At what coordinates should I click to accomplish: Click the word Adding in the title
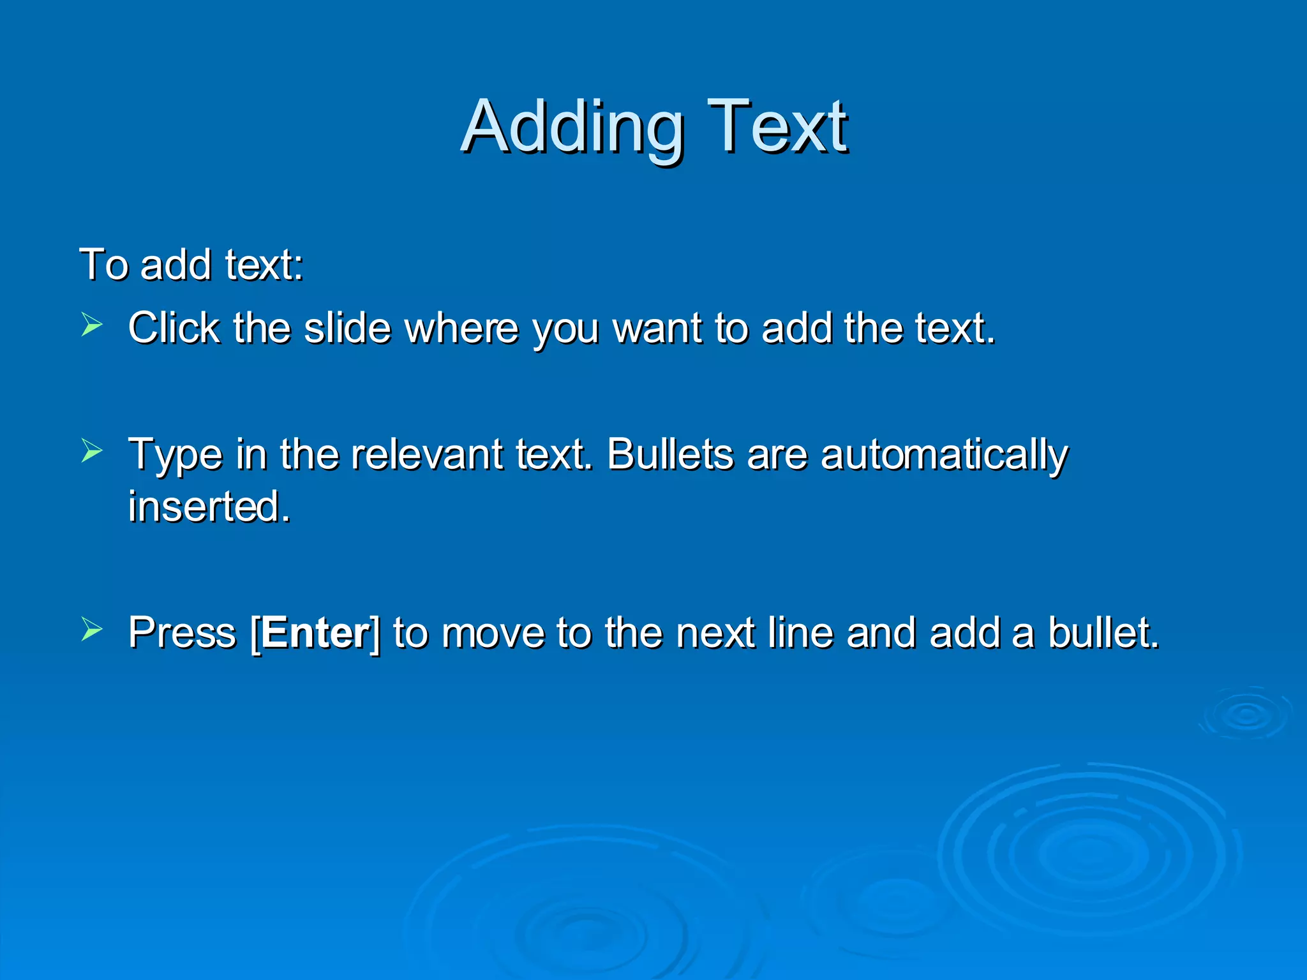(x=572, y=128)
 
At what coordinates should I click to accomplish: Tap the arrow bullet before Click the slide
(x=92, y=325)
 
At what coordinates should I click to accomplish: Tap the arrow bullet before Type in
(x=92, y=452)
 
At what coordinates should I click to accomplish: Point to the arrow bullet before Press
(x=92, y=630)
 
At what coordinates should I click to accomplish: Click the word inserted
(x=209, y=507)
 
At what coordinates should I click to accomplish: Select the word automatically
(x=944, y=456)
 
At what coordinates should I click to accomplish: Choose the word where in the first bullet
(x=461, y=328)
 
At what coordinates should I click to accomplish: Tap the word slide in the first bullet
(x=347, y=328)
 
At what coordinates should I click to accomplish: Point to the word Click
(x=174, y=328)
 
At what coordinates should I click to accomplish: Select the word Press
(x=182, y=633)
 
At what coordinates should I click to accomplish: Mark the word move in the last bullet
(x=493, y=634)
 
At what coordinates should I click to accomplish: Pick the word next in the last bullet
(x=715, y=633)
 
